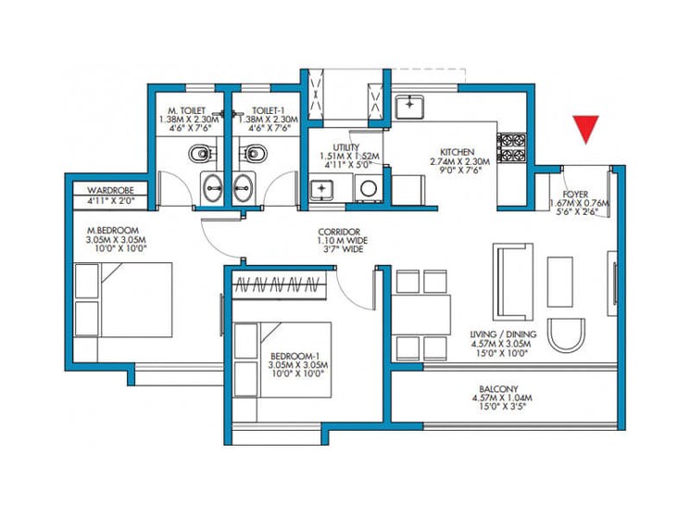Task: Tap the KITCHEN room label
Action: click(458, 151)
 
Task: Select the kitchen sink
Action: click(409, 107)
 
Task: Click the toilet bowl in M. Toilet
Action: click(199, 152)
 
